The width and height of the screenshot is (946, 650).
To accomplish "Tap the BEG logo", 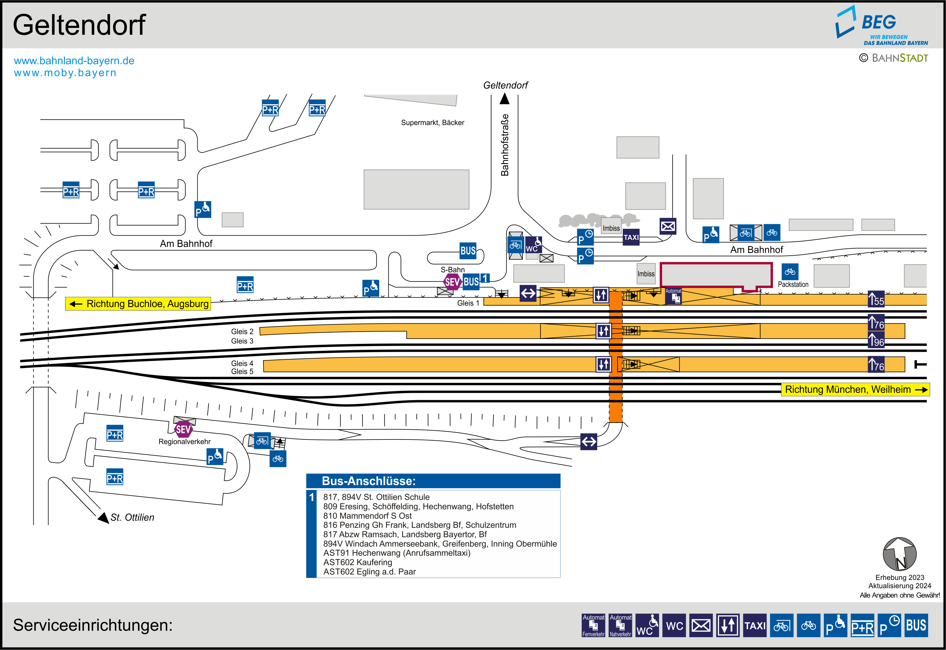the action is click(x=881, y=25).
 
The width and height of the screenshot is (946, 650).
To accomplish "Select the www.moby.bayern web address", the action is click(x=65, y=73).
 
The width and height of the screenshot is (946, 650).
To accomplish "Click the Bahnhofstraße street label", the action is click(x=505, y=145).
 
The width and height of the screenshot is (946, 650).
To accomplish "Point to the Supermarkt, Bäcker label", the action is click(x=432, y=122).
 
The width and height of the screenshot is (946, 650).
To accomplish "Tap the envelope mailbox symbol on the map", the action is click(x=667, y=226).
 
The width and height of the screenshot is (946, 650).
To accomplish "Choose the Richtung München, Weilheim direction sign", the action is click(x=855, y=389).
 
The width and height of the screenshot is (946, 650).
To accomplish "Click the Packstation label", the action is click(x=793, y=284).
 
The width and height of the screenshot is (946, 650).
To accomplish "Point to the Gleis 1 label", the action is click(x=468, y=303).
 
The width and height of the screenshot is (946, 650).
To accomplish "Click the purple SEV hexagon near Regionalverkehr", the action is click(x=183, y=429).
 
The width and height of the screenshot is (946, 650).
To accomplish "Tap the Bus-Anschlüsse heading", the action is click(x=369, y=481).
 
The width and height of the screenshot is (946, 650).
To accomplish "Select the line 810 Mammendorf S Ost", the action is click(x=368, y=516).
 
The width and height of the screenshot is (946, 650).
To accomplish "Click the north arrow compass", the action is click(x=900, y=554).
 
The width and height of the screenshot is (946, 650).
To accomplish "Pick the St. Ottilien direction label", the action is click(x=132, y=517).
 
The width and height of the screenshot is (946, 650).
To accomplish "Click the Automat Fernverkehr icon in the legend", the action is click(x=593, y=625).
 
